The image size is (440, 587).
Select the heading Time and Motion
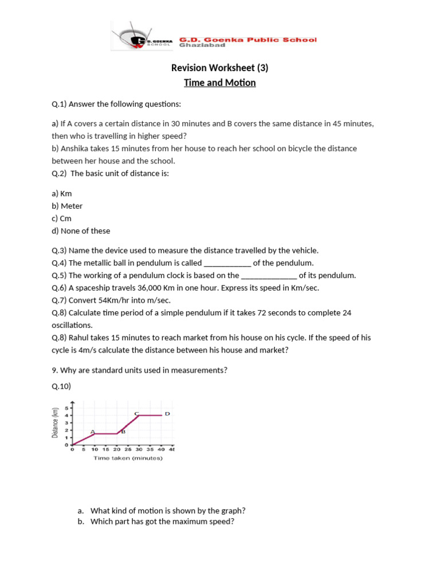220,83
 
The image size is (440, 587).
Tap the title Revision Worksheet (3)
220,68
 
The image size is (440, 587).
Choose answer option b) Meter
67,206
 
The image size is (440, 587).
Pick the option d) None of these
81,231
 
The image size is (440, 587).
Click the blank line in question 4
227,264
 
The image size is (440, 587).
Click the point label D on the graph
167,413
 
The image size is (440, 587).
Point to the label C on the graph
136,413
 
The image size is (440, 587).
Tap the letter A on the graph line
92,432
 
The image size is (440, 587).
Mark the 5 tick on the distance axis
66,408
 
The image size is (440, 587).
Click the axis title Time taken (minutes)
128,458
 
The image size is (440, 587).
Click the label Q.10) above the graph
61,386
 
